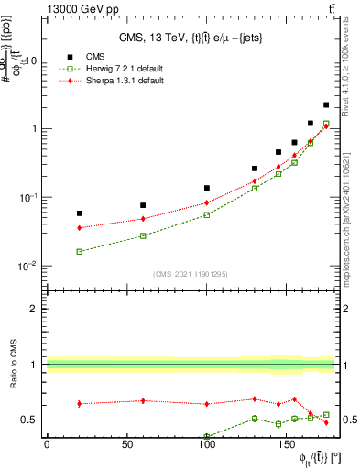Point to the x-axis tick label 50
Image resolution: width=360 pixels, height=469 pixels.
pos(126,443)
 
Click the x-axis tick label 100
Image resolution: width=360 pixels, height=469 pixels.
pos(207,443)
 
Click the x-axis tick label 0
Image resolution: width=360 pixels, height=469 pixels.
pos(47,443)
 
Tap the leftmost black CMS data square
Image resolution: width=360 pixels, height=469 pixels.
pos(79,213)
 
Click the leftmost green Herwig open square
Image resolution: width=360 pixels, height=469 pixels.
pos(79,251)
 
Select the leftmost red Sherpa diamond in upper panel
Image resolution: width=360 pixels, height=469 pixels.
pos(79,227)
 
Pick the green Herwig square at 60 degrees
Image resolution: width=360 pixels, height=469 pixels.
pos(143,235)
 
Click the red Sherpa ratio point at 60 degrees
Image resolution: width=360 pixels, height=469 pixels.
pos(143,400)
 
